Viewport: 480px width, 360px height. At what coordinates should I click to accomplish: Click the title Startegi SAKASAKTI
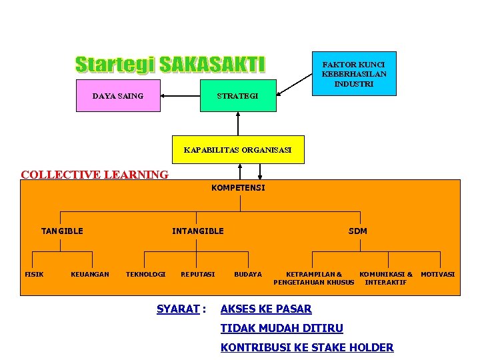point(170,64)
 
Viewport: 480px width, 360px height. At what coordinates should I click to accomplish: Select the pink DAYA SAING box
point(118,96)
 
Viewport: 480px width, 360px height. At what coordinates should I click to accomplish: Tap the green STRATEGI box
point(237,96)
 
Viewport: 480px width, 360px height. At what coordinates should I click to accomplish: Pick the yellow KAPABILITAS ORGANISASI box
point(237,150)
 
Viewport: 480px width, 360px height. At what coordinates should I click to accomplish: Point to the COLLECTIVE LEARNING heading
point(95,175)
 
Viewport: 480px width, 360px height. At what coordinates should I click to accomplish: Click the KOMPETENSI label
point(238,188)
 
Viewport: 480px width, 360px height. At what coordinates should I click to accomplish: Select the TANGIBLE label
point(62,231)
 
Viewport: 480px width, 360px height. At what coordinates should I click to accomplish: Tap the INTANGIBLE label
point(198,231)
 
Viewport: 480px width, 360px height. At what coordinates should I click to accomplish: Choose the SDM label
point(357,231)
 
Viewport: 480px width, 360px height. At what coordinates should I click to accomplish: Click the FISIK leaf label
point(34,275)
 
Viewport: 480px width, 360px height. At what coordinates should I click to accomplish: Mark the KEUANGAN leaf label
point(90,275)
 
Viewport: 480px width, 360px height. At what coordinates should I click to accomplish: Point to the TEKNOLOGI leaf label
point(145,275)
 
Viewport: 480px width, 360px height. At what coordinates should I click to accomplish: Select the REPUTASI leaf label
point(198,275)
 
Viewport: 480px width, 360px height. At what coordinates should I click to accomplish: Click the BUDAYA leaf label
point(248,275)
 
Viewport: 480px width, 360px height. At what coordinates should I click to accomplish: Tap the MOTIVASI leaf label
point(438,275)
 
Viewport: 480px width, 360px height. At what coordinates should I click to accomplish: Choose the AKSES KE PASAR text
point(266,309)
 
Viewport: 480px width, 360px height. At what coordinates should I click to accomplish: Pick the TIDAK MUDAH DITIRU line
point(281,328)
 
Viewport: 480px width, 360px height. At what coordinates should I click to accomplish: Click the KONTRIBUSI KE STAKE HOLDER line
point(307,347)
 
